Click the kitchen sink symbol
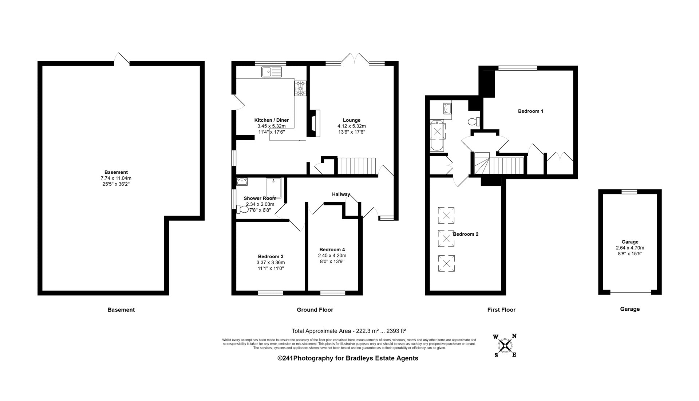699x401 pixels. [272, 72]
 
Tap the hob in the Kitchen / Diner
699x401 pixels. [301, 88]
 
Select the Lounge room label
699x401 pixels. [352, 120]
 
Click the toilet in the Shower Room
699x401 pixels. [242, 209]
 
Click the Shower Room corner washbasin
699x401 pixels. [242, 181]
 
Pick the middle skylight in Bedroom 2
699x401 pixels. [446, 239]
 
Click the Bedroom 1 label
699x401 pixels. [530, 111]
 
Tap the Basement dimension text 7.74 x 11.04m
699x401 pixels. [116, 178]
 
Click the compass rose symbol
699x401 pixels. [505, 345]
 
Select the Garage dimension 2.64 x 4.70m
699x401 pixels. [630, 248]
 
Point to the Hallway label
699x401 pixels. [341, 194]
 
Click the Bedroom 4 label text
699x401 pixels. [332, 249]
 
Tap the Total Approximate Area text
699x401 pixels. [349, 331]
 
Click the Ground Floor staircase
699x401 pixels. [357, 166]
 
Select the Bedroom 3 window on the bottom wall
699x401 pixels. [270, 292]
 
